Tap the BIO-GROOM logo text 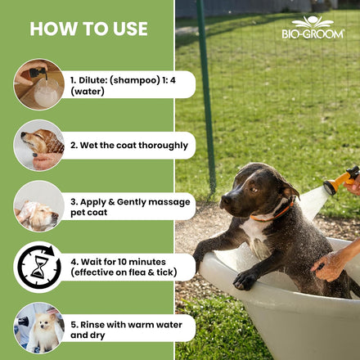(313, 34)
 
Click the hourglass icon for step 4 (39, 267)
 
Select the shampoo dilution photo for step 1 (39, 84)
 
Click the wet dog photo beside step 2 (39, 146)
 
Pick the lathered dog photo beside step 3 (39, 206)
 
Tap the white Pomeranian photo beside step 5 (39, 328)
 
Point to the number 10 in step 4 (123, 262)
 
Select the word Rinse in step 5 (92, 325)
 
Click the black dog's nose (226, 200)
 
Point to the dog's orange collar (272, 213)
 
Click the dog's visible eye (254, 190)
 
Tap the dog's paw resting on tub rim (245, 281)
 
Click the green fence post (206, 96)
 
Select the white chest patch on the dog (255, 235)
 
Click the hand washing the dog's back (326, 266)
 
